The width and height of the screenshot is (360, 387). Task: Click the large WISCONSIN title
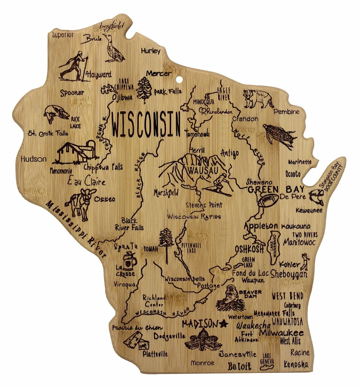146,124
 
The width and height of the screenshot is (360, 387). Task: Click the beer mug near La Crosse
130,261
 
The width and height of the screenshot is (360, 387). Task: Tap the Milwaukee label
281,333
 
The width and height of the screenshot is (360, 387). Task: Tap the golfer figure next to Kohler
305,262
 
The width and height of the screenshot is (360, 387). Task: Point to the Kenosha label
296,364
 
